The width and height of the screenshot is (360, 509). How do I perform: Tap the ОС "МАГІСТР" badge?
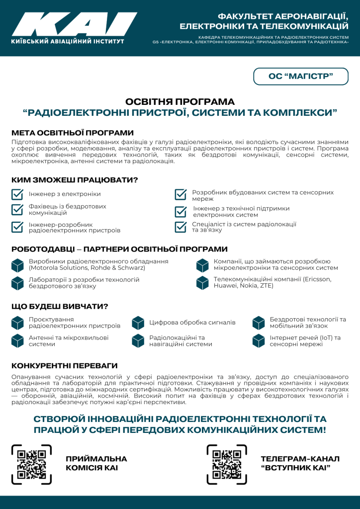(x=300, y=76)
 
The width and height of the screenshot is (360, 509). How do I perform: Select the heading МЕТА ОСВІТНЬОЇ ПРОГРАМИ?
(x=73, y=133)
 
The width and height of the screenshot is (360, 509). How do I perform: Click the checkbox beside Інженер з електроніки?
(x=18, y=194)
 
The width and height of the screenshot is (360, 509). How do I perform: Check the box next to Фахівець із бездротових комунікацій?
(x=18, y=209)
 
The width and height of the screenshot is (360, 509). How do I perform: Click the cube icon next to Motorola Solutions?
(x=18, y=265)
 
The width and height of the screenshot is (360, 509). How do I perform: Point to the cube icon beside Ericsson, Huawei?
(x=202, y=283)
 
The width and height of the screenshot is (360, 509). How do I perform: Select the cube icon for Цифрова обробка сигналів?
(x=138, y=323)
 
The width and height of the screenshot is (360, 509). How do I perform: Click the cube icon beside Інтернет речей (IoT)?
(x=259, y=340)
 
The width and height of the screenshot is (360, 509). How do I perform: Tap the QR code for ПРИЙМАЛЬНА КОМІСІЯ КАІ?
(x=32, y=464)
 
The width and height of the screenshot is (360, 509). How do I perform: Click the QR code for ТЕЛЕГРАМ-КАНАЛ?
(x=227, y=464)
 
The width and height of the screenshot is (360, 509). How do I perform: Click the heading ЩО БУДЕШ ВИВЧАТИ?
(x=60, y=306)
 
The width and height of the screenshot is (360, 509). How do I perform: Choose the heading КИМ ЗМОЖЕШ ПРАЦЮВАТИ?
(x=75, y=179)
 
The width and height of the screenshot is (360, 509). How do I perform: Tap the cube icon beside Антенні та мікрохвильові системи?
(x=18, y=340)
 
